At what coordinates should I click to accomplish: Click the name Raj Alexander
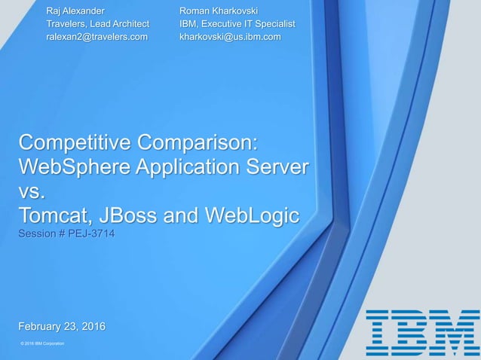pyautogui.click(x=75, y=11)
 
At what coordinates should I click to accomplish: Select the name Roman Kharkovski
pyautogui.click(x=219, y=11)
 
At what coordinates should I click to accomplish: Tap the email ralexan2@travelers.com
pyautogui.click(x=97, y=36)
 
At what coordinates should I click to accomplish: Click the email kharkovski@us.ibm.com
pyautogui.click(x=230, y=36)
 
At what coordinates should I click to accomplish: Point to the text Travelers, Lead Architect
pyautogui.click(x=97, y=24)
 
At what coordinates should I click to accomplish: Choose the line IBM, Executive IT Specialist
pyautogui.click(x=237, y=24)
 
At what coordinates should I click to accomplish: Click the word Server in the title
pyautogui.click(x=276, y=166)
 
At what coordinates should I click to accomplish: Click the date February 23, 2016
pyautogui.click(x=62, y=326)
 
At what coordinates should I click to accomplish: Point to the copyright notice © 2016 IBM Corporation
pyautogui.click(x=42, y=343)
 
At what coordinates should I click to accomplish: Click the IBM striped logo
pyautogui.click(x=422, y=332)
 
